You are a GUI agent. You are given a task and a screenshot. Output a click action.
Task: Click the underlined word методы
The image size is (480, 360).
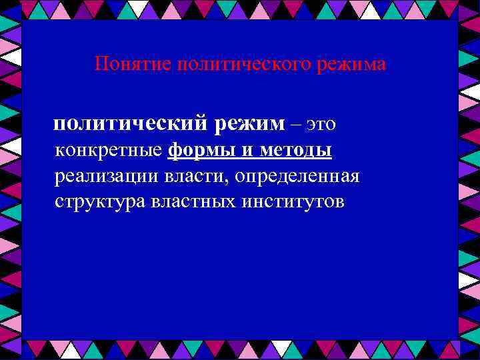pyautogui.click(x=294, y=151)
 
